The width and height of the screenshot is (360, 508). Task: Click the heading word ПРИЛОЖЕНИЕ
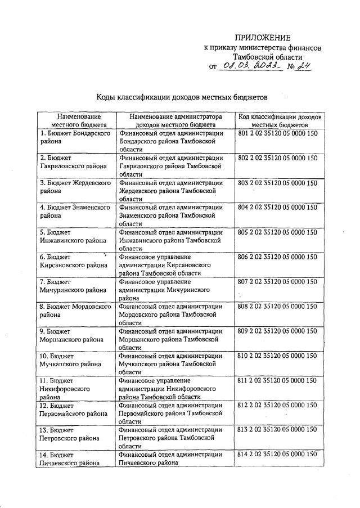[263, 38]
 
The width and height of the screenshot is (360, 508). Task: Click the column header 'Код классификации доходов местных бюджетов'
[280, 120]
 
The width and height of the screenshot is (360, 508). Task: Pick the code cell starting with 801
[278, 133]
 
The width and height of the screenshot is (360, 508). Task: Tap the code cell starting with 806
[278, 257]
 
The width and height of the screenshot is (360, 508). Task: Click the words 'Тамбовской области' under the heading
[267, 57]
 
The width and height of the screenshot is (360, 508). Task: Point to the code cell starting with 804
[278, 207]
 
